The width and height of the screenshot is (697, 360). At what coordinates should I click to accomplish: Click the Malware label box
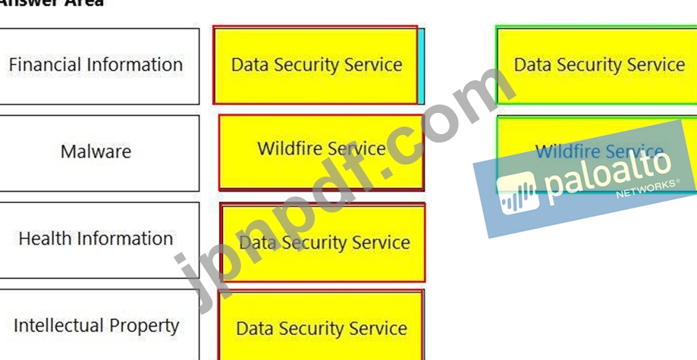(96, 152)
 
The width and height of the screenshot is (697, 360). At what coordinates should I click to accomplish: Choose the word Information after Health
(124, 239)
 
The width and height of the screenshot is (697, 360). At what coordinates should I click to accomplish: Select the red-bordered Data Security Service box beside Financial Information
(316, 65)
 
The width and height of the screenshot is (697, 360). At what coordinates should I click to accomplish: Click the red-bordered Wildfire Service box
(321, 152)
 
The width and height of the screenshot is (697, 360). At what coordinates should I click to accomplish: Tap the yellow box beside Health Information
(323, 243)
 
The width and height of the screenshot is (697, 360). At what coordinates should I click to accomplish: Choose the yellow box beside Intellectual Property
(321, 327)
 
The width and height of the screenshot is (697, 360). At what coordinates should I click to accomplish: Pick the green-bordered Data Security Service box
(598, 65)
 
